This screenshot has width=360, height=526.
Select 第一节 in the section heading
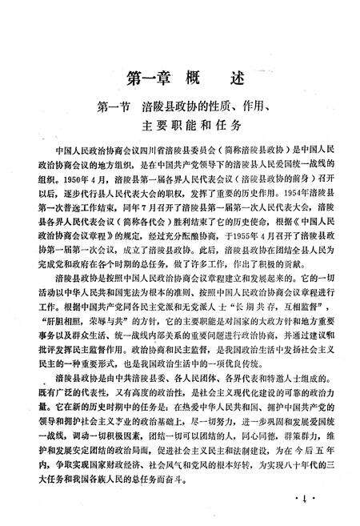click(113, 105)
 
